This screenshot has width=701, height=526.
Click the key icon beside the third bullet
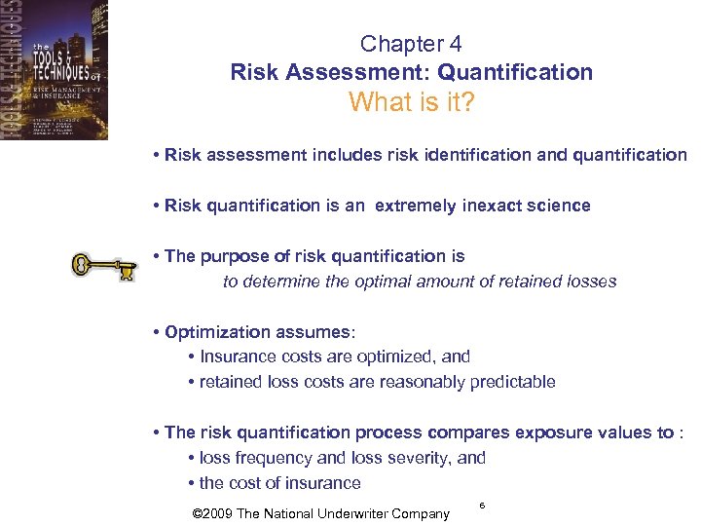click(101, 267)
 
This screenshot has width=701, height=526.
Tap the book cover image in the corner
click(54, 70)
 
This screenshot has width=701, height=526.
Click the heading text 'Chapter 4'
click(411, 44)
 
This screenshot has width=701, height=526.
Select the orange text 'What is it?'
click(411, 101)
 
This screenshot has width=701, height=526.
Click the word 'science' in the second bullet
click(558, 206)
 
